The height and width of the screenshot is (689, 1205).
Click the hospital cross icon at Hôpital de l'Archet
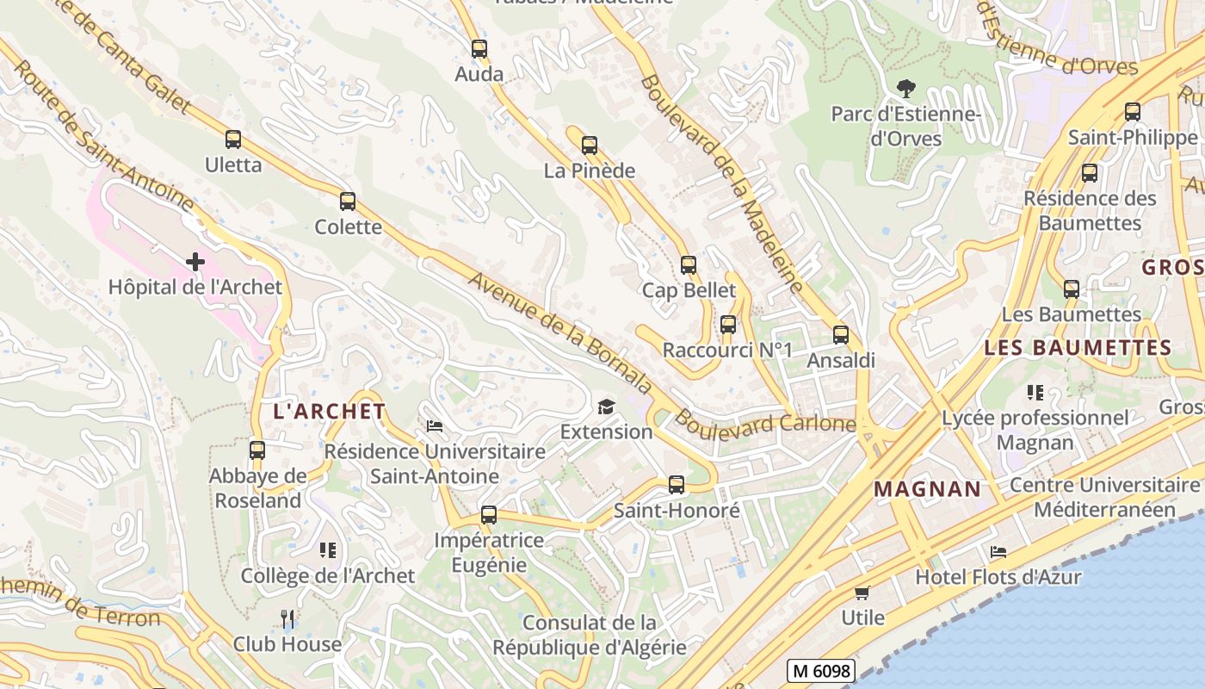195,261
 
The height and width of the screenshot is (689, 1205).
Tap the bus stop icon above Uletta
232,140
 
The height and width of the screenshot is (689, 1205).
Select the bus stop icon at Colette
348,202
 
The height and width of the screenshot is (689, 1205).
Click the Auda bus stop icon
479,49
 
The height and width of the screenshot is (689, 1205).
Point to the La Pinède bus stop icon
590,146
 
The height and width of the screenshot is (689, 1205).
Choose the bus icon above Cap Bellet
689,265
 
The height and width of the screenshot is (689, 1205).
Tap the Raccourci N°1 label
727,351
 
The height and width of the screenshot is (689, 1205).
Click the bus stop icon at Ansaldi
841,335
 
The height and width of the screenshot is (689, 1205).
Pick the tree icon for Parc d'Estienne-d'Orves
905,88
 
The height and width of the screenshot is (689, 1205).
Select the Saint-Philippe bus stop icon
1133,112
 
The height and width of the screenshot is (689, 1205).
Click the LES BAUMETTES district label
1078,348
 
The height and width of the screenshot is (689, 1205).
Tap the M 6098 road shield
819,671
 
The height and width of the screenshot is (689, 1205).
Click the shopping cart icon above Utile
862,593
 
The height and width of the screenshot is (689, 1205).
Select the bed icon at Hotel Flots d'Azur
998,551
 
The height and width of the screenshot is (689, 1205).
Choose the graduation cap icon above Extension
607,407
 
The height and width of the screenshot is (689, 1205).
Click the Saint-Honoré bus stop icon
677,485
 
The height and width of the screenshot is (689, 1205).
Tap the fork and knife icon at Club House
287,618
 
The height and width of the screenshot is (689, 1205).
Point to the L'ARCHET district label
329,411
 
